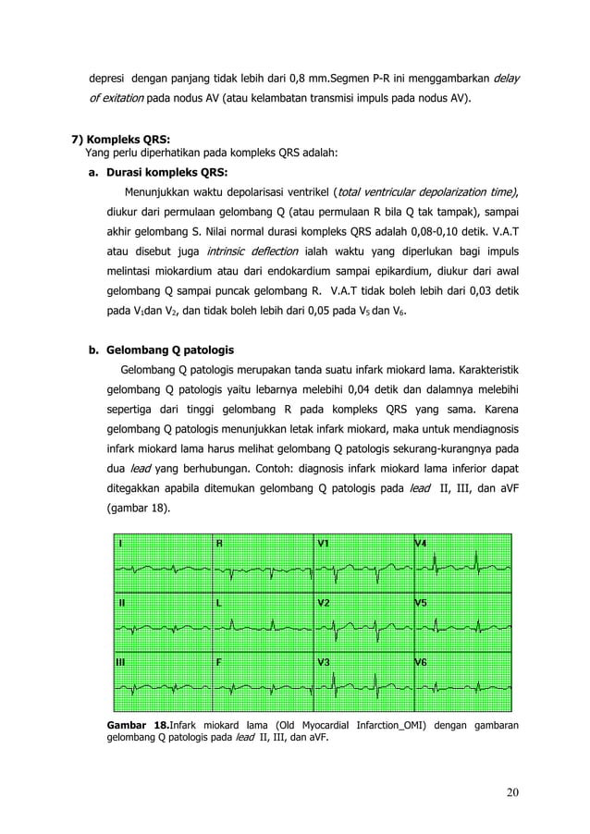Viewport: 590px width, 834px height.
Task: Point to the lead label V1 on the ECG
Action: (326, 543)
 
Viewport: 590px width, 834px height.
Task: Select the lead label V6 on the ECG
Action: (422, 662)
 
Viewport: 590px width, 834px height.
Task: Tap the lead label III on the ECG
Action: (121, 662)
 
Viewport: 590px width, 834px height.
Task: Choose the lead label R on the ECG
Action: (219, 543)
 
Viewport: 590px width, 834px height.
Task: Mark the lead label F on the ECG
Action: (219, 662)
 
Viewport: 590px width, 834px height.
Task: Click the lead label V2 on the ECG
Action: (326, 602)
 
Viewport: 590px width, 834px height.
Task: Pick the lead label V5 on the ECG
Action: (422, 602)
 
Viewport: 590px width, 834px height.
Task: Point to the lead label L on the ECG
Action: (219, 602)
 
